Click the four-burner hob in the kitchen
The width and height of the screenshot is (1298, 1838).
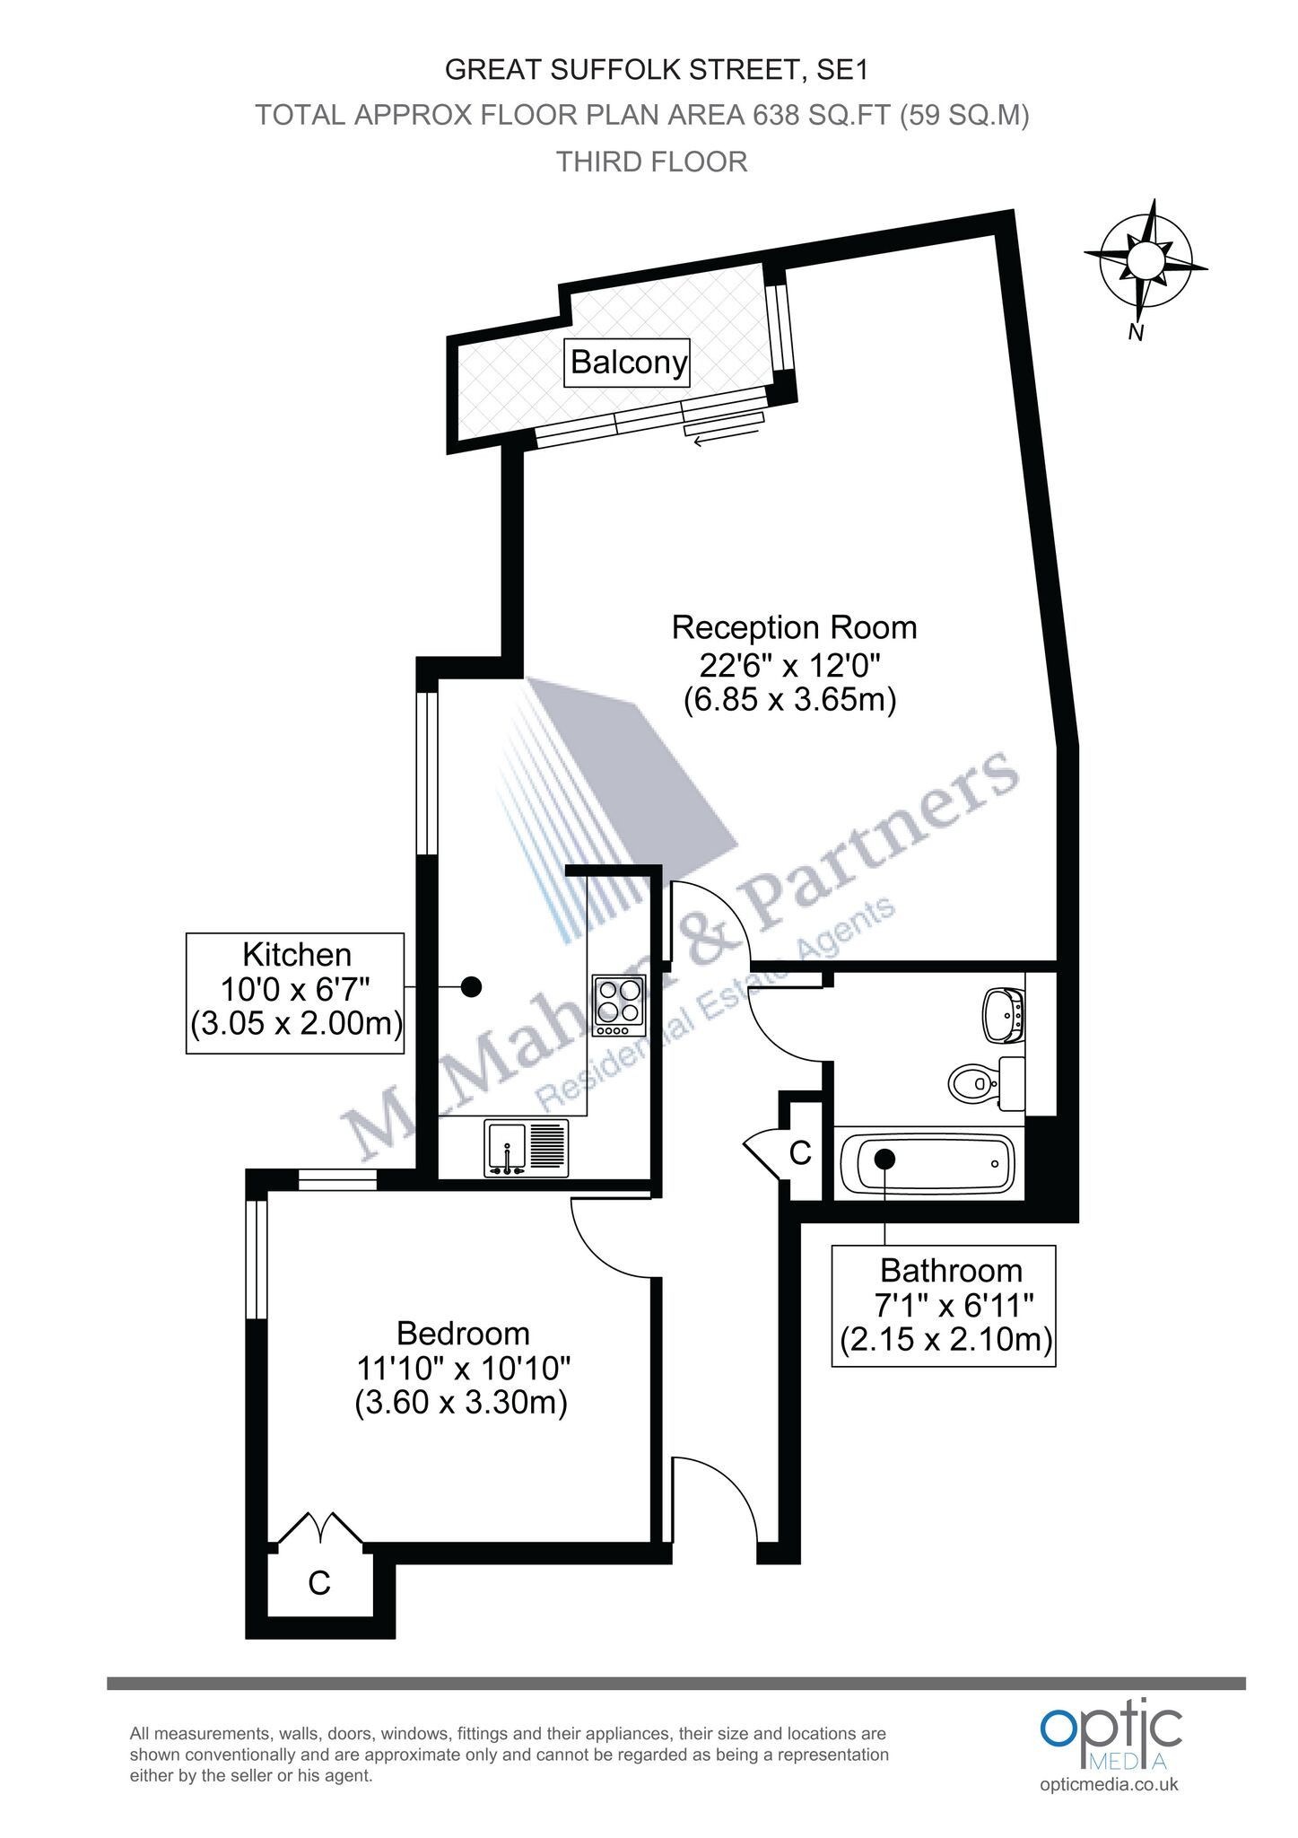(619, 1001)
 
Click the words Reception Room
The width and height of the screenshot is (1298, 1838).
(795, 627)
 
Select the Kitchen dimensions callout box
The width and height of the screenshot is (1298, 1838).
(295, 992)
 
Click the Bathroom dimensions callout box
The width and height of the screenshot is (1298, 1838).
(944, 1306)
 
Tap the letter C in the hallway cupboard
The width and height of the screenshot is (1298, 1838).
(800, 1151)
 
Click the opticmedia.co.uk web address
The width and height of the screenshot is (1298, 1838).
(1110, 1784)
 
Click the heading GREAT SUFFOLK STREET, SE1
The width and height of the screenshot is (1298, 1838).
(658, 69)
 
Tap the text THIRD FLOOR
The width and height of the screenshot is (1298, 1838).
(652, 162)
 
